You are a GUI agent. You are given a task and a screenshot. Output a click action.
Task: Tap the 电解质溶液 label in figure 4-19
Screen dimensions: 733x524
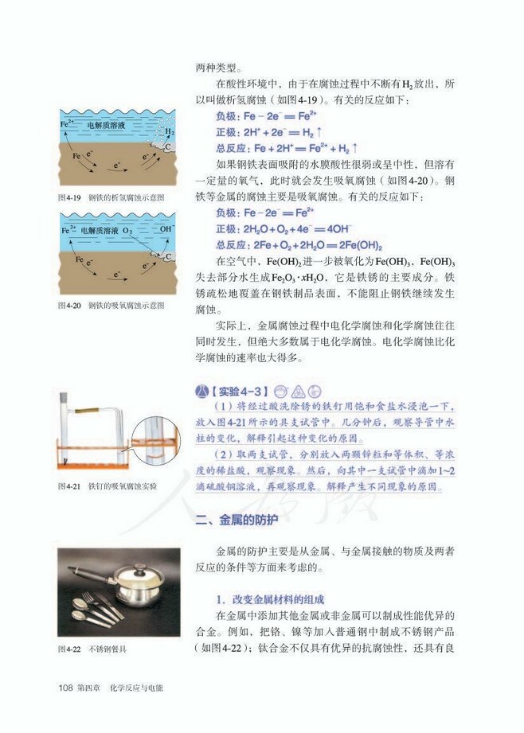click(104, 125)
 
